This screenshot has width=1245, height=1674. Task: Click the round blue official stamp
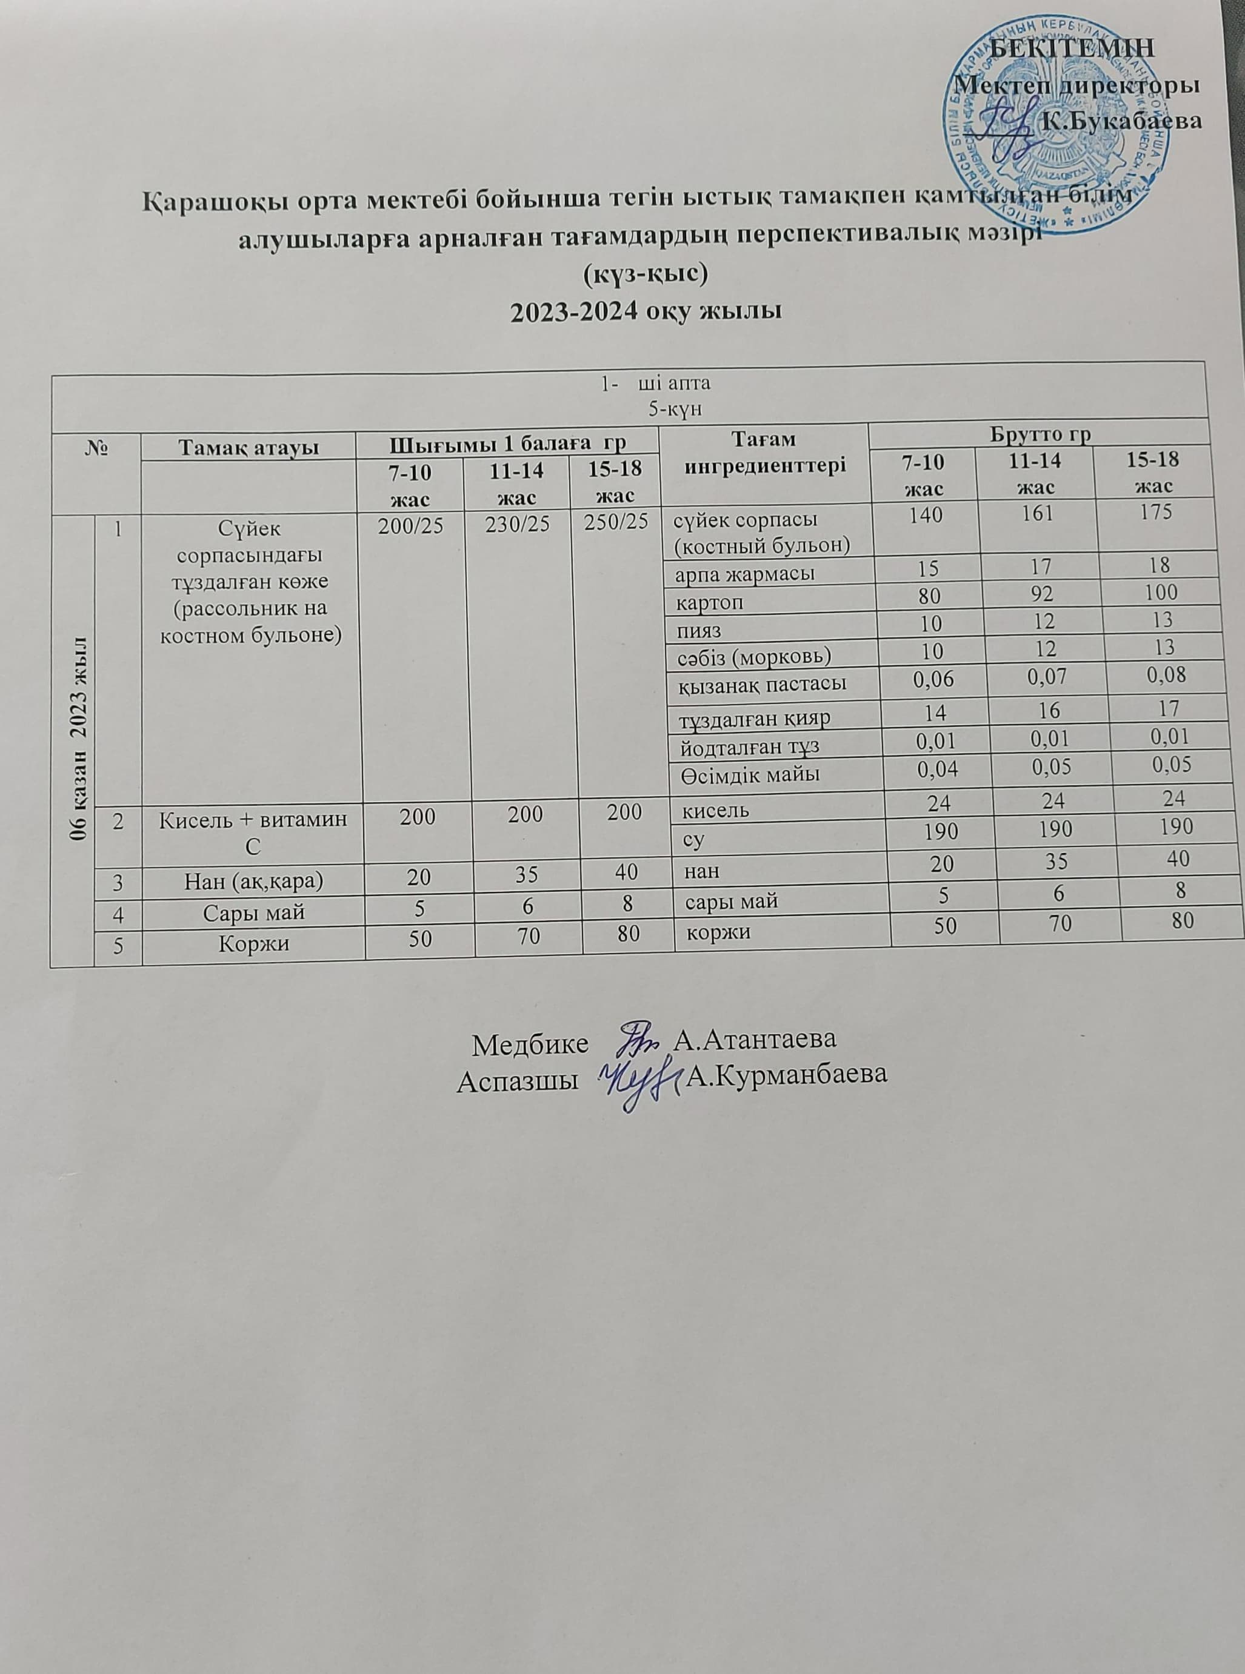tap(1056, 134)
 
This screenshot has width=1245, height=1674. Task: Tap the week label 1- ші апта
tap(655, 383)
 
